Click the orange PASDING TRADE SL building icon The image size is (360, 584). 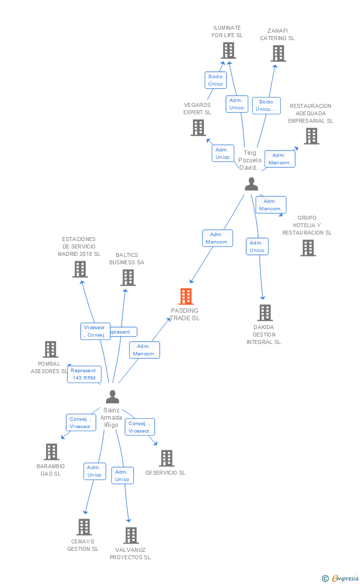pyautogui.click(x=186, y=296)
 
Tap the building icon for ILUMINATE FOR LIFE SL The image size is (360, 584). pyautogui.click(x=228, y=50)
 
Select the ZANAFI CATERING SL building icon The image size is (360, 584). pyautogui.click(x=278, y=53)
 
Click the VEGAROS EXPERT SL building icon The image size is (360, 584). pyautogui.click(x=198, y=128)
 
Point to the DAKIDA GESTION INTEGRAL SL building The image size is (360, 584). pyautogui.click(x=265, y=313)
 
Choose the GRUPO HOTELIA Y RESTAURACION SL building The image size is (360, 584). pyautogui.click(x=308, y=248)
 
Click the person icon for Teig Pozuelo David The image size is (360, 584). pyautogui.click(x=251, y=184)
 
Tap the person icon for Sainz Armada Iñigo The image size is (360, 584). pyautogui.click(x=113, y=397)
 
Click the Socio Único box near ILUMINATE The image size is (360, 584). pyautogui.click(x=216, y=80)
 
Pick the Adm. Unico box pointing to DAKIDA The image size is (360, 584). pyautogui.click(x=257, y=246)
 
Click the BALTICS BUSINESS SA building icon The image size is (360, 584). pyautogui.click(x=128, y=278)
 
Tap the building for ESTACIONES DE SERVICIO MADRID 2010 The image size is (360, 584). pyautogui.click(x=80, y=269)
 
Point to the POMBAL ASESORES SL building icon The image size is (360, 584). pyautogui.click(x=50, y=349)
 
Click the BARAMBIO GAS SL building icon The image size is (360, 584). pyautogui.click(x=51, y=452)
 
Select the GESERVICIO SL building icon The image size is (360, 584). pyautogui.click(x=167, y=458)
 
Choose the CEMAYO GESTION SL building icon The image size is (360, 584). pyautogui.click(x=84, y=527)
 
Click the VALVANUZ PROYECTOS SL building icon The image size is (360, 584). pyautogui.click(x=131, y=535)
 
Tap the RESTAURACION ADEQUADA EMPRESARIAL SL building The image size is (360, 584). pyautogui.click(x=311, y=136)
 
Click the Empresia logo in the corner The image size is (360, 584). pyautogui.click(x=341, y=578)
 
